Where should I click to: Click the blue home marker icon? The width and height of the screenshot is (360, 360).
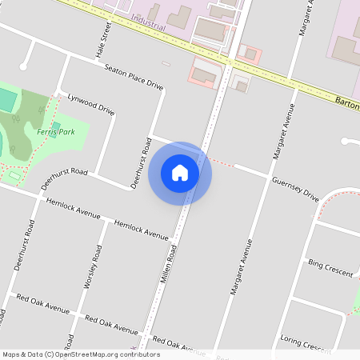tap(180, 173)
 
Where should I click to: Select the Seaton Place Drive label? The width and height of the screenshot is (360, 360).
tap(134, 77)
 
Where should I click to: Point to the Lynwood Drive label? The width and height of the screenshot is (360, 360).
tap(91, 104)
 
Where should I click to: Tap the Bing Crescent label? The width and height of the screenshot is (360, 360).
tap(330, 267)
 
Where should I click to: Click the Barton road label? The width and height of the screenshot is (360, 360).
tap(346, 103)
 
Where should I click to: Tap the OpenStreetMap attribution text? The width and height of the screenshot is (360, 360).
tap(80, 354)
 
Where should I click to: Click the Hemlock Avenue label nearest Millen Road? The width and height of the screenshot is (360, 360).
tap(142, 230)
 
